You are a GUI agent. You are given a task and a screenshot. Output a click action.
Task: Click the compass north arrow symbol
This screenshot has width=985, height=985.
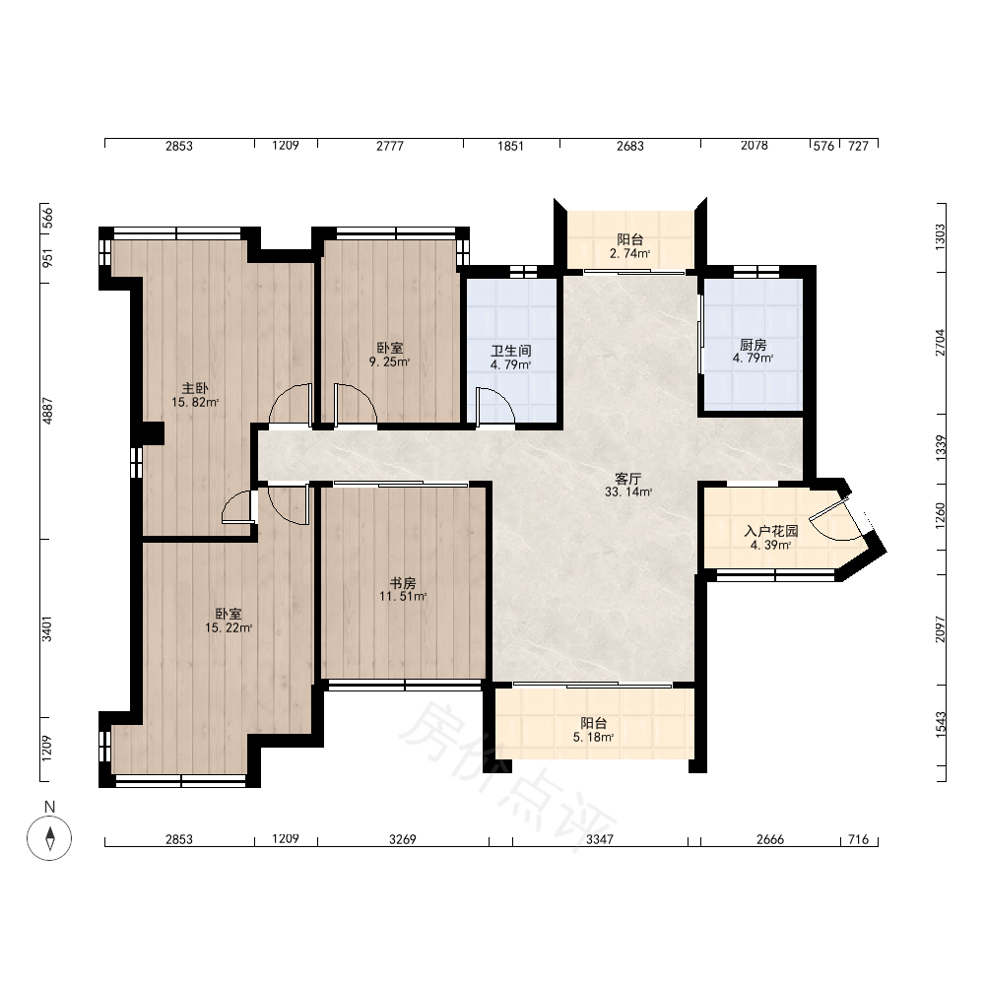click(49, 838)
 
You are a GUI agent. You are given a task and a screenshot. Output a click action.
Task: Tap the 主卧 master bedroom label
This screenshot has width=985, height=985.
click(195, 389)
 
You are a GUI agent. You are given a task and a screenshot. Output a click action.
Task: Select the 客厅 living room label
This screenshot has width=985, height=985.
click(628, 479)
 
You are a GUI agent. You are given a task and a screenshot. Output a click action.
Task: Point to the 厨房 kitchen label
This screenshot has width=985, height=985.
click(753, 345)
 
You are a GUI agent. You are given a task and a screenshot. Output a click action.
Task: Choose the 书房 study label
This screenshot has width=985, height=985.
click(403, 583)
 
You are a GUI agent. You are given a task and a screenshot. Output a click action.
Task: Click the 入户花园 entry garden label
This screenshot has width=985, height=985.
click(771, 532)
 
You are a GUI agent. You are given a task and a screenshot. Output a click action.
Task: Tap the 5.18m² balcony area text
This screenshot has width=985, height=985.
click(593, 738)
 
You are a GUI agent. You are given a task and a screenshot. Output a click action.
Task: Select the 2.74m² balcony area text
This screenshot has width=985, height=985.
click(629, 254)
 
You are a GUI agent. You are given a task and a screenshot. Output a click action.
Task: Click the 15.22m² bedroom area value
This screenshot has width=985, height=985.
click(229, 627)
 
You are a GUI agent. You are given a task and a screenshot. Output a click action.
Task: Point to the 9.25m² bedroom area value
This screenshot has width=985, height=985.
click(389, 361)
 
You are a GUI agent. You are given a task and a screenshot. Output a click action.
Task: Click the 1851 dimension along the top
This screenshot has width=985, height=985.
click(510, 147)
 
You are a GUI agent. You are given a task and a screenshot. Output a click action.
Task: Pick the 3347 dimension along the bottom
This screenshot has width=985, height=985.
click(599, 840)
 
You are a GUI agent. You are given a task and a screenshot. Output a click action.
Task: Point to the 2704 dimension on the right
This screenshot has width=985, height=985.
click(940, 343)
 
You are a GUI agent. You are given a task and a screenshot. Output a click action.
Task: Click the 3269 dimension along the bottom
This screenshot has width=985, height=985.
click(402, 840)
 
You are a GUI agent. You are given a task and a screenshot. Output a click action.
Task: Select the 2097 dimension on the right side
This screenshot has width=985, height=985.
click(940, 628)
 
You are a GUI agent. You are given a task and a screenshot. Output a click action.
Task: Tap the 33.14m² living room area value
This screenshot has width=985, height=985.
click(628, 492)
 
